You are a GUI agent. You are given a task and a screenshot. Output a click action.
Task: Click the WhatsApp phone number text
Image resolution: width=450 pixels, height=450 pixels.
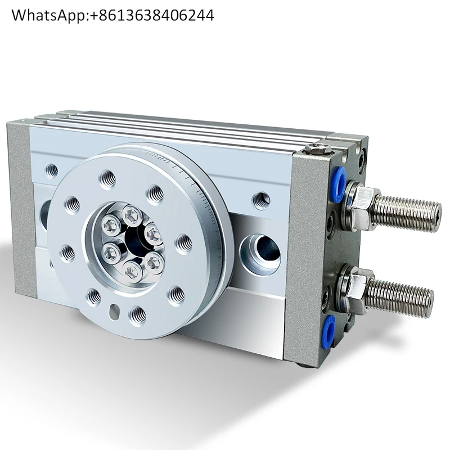[112, 15]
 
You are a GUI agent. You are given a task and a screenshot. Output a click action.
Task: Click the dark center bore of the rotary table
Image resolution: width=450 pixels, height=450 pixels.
[135, 241]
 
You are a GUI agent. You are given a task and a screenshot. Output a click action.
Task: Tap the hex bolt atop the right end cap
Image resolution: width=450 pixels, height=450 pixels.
[319, 149]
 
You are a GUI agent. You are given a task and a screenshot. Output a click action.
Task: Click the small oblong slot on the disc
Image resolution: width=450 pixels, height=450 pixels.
[115, 310]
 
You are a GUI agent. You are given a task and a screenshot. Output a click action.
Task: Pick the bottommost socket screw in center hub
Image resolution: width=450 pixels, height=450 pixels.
[133, 272]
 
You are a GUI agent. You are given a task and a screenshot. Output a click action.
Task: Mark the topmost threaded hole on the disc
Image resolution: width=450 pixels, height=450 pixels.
[107, 179]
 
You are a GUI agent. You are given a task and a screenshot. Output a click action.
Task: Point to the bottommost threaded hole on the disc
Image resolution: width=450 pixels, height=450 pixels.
[137, 315]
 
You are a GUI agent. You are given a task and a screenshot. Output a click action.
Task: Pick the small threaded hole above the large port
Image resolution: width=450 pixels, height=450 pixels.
[261, 200]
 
